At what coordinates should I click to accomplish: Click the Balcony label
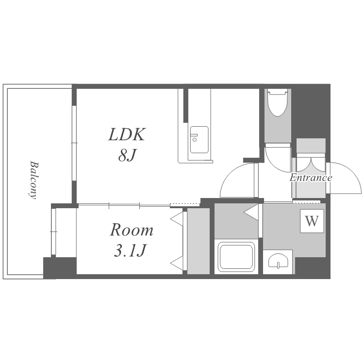pos(33,180)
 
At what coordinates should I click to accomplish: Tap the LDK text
pos(127,134)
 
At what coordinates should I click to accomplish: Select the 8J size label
pos(127,155)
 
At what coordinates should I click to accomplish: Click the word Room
pos(132,230)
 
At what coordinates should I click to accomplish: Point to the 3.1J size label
pos(130,250)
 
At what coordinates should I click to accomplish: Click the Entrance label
pos(311,178)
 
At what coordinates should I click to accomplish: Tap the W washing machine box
pos(312,221)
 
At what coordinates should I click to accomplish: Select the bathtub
pos(236,257)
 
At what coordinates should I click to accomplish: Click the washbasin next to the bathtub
pos(278,262)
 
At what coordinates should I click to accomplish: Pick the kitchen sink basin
pos(199,140)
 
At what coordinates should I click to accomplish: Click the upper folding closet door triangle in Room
pos(177,218)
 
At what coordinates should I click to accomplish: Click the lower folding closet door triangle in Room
pos(177,263)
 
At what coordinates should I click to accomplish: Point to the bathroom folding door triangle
pos(251,212)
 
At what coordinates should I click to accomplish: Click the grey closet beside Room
pos(199,241)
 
